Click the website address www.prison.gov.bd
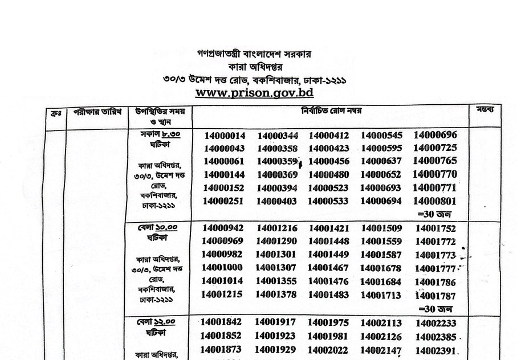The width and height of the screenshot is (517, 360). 254,91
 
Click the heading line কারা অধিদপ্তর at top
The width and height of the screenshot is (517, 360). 254,67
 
